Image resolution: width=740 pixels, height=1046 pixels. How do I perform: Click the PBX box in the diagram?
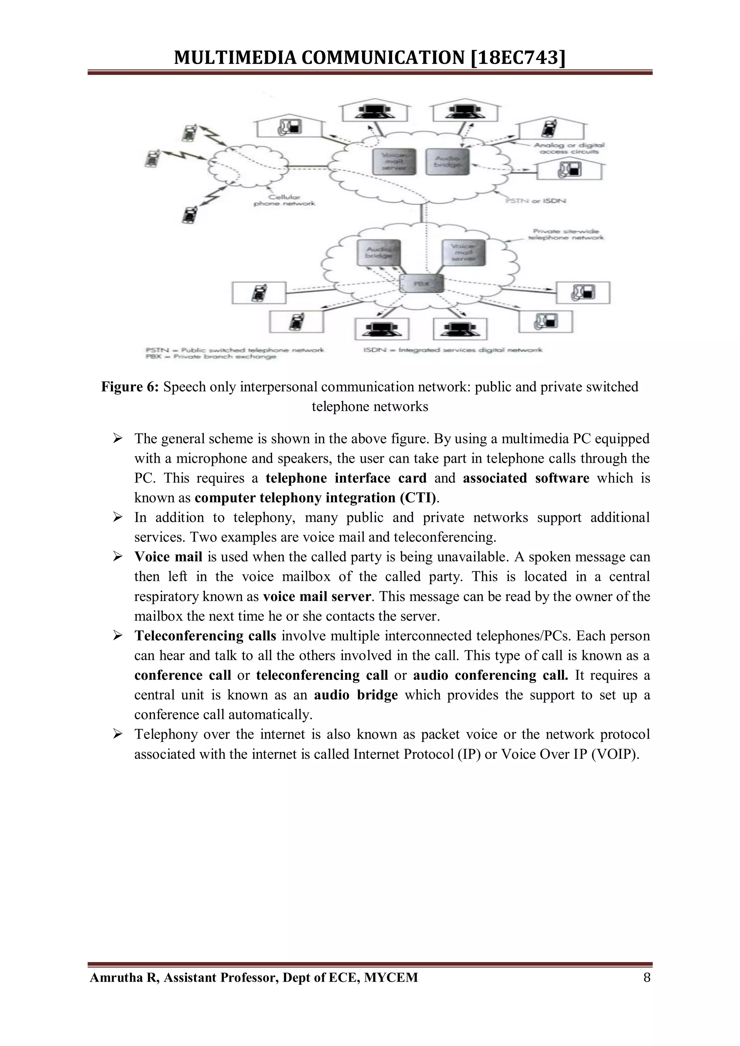pos(421,284)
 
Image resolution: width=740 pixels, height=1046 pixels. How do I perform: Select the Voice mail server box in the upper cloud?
pos(394,161)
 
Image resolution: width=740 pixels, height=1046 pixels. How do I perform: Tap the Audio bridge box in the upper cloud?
pos(447,161)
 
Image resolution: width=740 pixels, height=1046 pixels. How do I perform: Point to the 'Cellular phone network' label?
pos(284,200)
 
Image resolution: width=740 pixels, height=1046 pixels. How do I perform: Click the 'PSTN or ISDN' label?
pos(536,200)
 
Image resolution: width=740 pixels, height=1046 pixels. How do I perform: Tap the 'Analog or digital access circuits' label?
pos(569,148)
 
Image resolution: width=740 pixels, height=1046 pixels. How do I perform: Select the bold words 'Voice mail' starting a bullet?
pos(168,557)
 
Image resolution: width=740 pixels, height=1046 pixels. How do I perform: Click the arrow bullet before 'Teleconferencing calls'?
pos(118,636)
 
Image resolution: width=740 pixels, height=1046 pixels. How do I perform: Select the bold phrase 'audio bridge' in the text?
pos(356,695)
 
